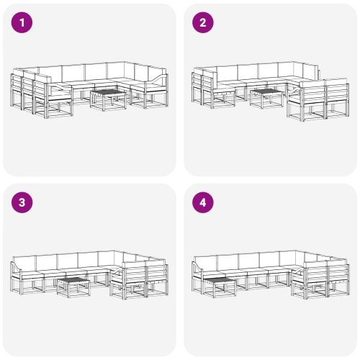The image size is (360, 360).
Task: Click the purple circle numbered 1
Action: click(x=24, y=22)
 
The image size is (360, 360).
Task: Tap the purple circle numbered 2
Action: click(x=203, y=22)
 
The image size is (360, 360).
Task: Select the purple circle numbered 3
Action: click(x=24, y=202)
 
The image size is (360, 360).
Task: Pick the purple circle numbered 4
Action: click(x=203, y=202)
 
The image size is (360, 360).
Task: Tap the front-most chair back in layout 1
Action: click(x=42, y=91)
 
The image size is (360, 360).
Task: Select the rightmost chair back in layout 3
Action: click(x=157, y=271)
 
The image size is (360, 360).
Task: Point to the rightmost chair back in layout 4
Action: click(x=336, y=271)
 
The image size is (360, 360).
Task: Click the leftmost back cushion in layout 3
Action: click(x=27, y=262)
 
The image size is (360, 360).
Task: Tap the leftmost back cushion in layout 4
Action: click(x=207, y=262)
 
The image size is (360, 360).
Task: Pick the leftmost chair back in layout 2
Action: click(x=197, y=80)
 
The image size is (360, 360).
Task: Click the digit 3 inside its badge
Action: click(x=24, y=202)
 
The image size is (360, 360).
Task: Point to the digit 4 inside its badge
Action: click(x=203, y=202)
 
